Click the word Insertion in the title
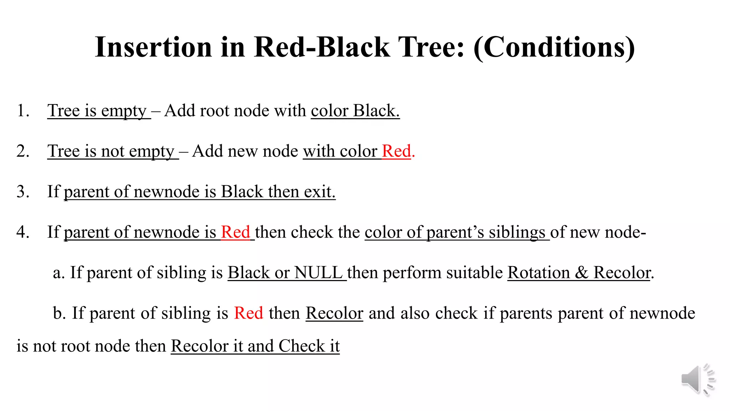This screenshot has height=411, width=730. tap(153, 47)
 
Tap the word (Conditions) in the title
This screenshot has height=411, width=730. tap(554, 48)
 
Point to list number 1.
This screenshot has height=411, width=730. tap(22, 111)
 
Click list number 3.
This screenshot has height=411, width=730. tap(22, 192)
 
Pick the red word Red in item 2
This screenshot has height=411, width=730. tap(396, 151)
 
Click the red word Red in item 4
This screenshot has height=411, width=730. tap(235, 232)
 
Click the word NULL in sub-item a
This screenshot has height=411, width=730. tap(318, 273)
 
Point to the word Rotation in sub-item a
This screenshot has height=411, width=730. tap(538, 273)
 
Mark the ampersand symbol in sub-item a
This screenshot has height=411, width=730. tap(581, 273)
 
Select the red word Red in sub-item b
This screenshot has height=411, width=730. tap(248, 313)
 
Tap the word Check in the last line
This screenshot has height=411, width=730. tap(302, 346)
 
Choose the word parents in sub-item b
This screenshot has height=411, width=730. tap(526, 313)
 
